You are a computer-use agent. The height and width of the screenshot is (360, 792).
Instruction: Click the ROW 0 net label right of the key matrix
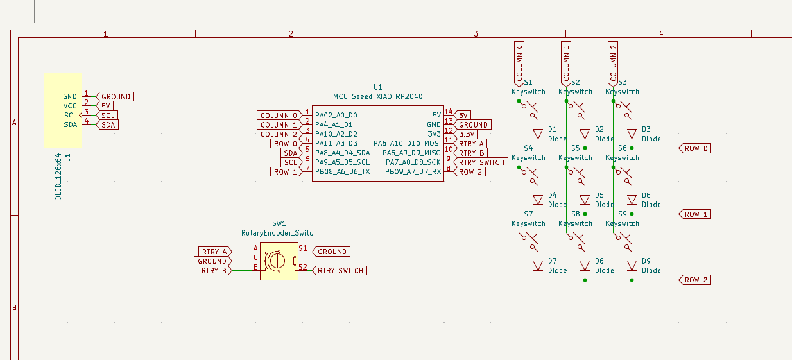point(696,148)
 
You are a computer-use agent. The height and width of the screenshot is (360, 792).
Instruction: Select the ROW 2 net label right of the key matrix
point(696,280)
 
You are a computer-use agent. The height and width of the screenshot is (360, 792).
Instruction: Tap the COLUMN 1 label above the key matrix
point(566,63)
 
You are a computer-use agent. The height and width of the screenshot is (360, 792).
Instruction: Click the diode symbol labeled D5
point(585,200)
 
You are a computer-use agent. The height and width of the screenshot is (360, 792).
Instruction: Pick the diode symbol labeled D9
point(632,265)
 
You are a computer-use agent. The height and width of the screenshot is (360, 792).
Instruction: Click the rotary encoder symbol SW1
point(279,261)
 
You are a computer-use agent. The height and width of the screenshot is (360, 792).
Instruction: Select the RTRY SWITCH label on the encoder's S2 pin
point(340,271)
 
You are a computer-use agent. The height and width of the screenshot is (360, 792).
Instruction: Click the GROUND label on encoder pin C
point(212,261)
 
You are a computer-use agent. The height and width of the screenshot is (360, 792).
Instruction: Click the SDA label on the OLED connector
point(107,124)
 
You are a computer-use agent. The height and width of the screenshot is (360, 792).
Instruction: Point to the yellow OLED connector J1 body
point(63,110)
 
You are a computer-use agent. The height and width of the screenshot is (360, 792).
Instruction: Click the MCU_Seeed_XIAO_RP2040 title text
point(377,96)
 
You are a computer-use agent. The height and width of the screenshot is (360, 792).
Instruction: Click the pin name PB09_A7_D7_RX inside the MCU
point(413,172)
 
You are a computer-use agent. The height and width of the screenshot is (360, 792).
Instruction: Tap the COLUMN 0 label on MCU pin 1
point(279,116)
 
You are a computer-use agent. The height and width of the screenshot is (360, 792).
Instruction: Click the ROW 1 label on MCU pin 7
point(285,172)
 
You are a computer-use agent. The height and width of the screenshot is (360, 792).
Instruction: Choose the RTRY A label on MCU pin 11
point(471,144)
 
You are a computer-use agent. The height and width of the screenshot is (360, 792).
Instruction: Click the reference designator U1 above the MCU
point(377,87)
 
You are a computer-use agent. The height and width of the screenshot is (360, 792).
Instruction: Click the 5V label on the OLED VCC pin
point(105,106)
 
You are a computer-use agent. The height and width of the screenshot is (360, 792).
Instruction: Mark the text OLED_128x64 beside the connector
point(58,176)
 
